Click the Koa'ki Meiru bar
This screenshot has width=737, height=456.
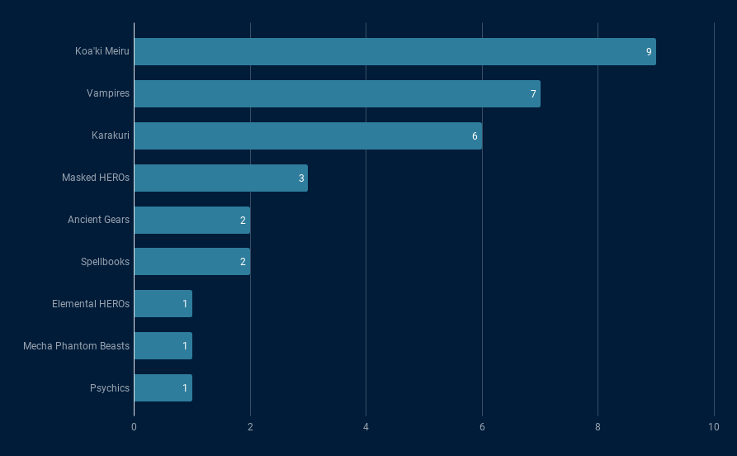[394, 51]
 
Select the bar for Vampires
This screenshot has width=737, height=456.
[337, 93]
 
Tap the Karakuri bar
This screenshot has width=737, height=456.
[308, 135]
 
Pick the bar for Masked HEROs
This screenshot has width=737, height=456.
[220, 178]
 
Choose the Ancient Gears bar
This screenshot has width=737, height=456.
[191, 220]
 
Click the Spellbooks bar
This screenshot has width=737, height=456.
[191, 262]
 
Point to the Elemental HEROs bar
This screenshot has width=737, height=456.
[163, 304]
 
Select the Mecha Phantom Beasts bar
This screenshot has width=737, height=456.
[163, 346]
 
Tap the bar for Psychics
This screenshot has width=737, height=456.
[163, 388]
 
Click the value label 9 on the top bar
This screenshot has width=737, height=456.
[649, 52]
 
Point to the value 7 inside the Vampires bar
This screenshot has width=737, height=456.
[533, 94]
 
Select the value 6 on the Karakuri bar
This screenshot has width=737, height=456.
[475, 136]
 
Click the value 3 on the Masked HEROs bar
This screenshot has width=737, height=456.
[301, 178]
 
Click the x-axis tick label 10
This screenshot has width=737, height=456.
[714, 426]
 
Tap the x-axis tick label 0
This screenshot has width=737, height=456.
[134, 426]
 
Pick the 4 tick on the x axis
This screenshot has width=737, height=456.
[366, 426]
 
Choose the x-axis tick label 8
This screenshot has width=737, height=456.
[598, 426]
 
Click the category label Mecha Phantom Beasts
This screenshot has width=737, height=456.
[76, 346]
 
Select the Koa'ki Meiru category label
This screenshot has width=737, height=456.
[102, 51]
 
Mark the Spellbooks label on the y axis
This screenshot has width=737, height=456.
[105, 262]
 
